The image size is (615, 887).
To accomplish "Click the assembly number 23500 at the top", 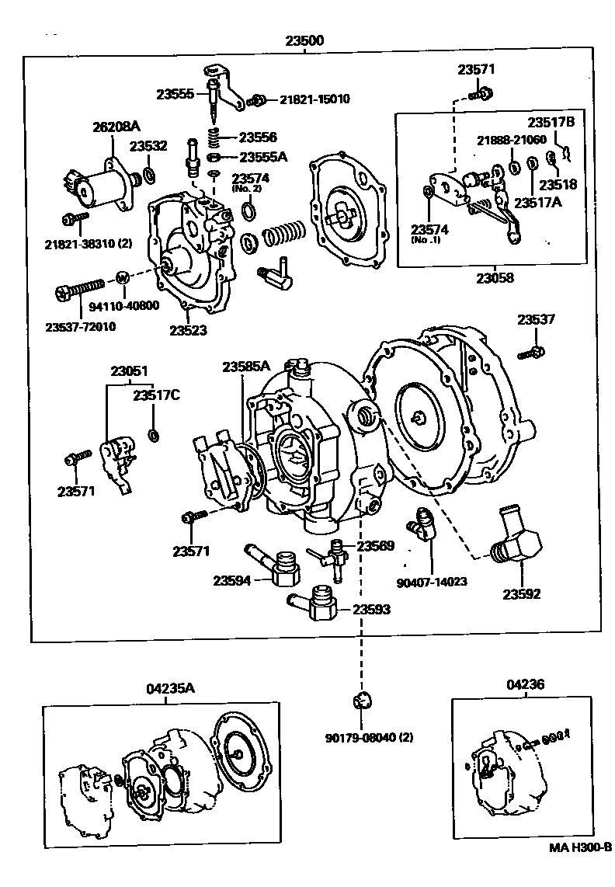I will tap(304, 40).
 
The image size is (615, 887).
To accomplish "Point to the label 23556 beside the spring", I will tap(258, 137).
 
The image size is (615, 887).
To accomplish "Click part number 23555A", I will tap(262, 156).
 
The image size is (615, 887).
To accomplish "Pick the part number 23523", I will tap(189, 330).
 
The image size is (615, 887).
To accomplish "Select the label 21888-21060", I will tap(512, 140).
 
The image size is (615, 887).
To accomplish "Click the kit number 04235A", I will tap(170, 689).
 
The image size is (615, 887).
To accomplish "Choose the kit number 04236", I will tap(525, 684).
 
